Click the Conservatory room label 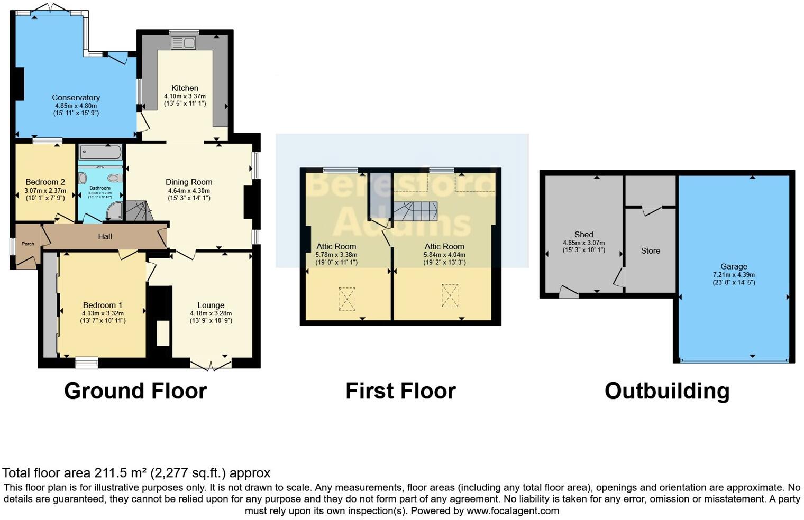76,98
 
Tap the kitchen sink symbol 183,43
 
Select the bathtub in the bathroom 100,153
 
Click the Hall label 105,237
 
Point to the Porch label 28,244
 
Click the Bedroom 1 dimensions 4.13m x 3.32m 103,313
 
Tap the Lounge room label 211,305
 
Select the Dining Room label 189,182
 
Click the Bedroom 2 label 45,182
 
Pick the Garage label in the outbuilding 734,267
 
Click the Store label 650,251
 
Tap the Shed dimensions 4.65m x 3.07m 583,243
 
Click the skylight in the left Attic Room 347,299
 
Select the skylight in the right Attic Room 450,295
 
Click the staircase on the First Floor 415,211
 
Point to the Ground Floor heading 135,391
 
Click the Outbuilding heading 667,391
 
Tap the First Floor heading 400,391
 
